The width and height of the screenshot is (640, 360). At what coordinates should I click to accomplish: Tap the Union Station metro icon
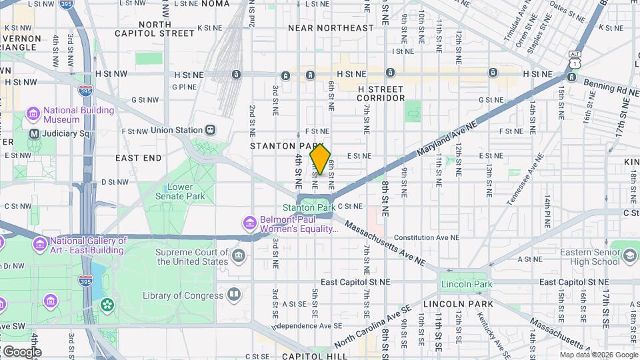[x=211, y=130]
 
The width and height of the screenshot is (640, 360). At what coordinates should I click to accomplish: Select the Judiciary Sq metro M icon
[x=33, y=133]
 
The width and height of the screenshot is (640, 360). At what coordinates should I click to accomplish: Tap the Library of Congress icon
[x=234, y=294]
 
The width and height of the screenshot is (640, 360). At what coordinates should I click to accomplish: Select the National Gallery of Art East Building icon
[x=39, y=245]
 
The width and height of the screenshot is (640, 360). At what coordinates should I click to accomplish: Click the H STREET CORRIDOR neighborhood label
[x=381, y=93]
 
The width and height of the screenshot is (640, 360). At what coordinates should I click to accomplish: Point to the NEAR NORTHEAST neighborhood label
[x=331, y=28]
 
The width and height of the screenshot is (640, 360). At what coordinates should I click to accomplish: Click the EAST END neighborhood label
[x=138, y=158]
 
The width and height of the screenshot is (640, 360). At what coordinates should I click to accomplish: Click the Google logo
[x=22, y=352]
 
